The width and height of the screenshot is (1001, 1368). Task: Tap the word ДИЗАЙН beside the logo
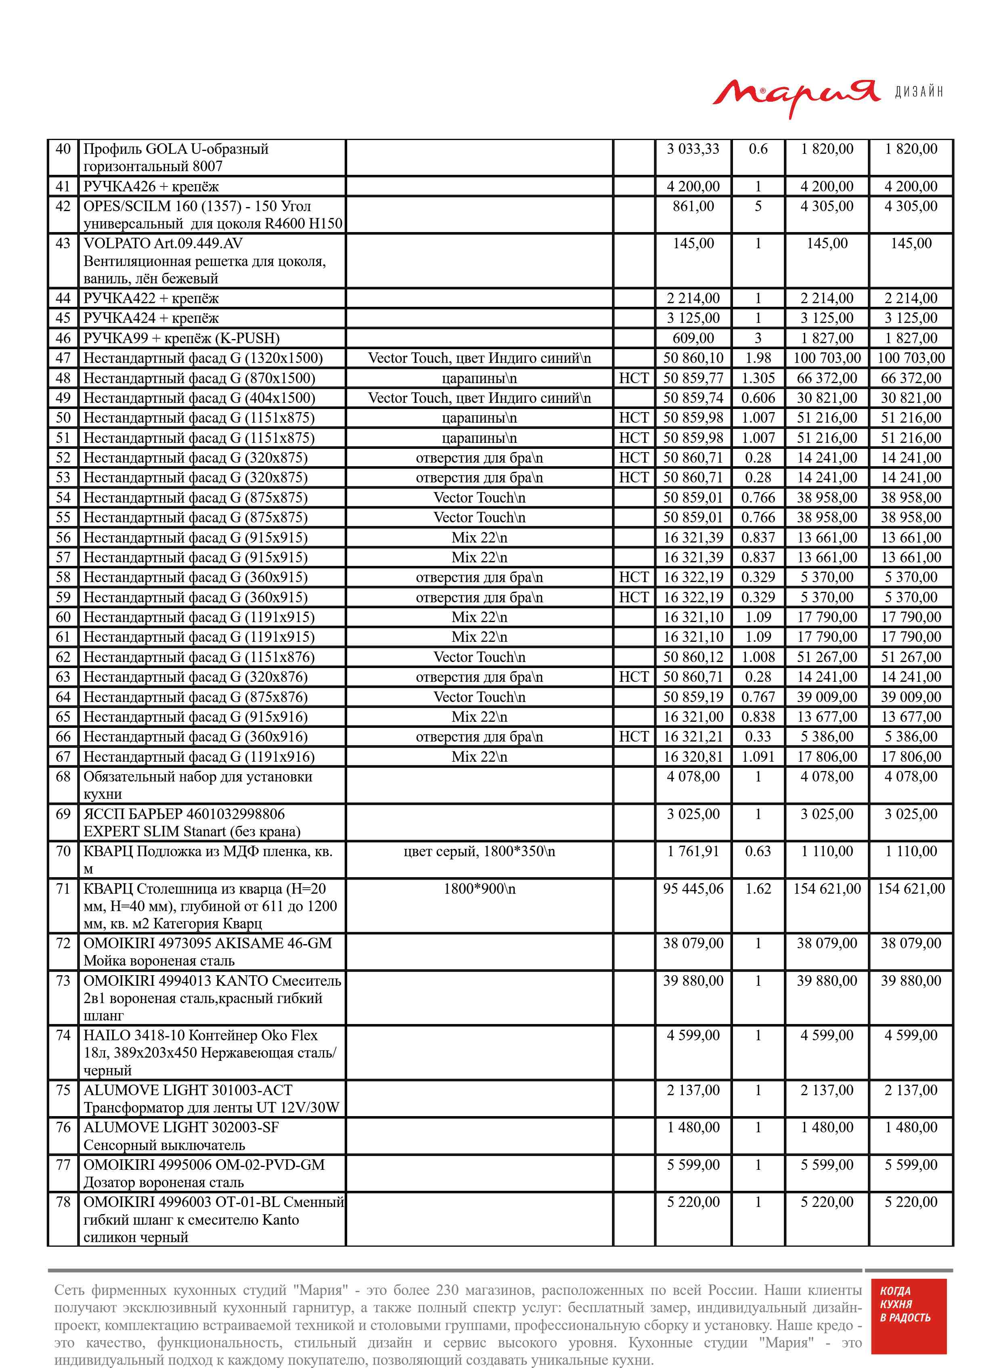[919, 92]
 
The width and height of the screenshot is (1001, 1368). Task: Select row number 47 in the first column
[63, 358]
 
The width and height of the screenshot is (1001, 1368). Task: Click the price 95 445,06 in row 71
[693, 889]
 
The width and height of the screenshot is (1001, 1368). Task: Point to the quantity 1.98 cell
[758, 358]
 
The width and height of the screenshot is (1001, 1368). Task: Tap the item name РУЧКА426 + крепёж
[151, 186]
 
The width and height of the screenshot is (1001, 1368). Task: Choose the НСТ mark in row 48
[633, 378]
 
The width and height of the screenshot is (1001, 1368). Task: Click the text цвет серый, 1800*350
[479, 851]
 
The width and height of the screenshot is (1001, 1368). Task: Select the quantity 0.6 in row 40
[758, 149]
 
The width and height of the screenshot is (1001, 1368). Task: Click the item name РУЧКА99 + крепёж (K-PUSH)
[181, 338]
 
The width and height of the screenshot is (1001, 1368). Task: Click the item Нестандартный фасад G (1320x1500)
[203, 358]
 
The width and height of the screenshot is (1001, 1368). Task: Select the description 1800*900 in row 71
[479, 889]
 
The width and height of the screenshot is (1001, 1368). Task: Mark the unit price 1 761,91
[693, 851]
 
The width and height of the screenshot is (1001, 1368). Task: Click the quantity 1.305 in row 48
[758, 378]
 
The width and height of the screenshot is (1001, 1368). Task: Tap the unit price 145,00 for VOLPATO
[693, 243]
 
